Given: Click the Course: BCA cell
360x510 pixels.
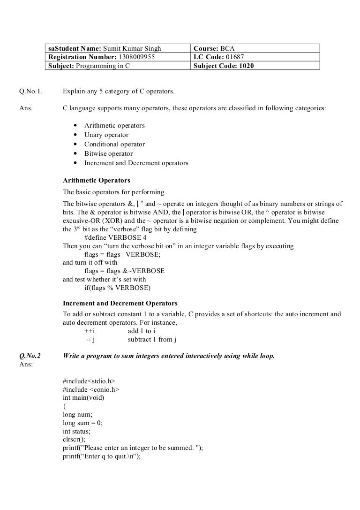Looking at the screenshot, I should [256, 49].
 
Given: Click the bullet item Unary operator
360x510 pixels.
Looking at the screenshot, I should [106, 135].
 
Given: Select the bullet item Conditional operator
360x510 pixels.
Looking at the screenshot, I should [114, 145].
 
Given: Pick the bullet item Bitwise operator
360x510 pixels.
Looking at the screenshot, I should [108, 154].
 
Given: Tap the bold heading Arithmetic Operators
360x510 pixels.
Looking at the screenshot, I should [97, 180].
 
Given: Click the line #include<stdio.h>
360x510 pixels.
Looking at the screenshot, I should [89, 381].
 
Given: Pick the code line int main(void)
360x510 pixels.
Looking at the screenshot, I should [83, 398].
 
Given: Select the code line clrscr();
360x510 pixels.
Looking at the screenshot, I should [74, 440].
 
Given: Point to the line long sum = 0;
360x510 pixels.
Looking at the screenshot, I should [82, 423].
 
